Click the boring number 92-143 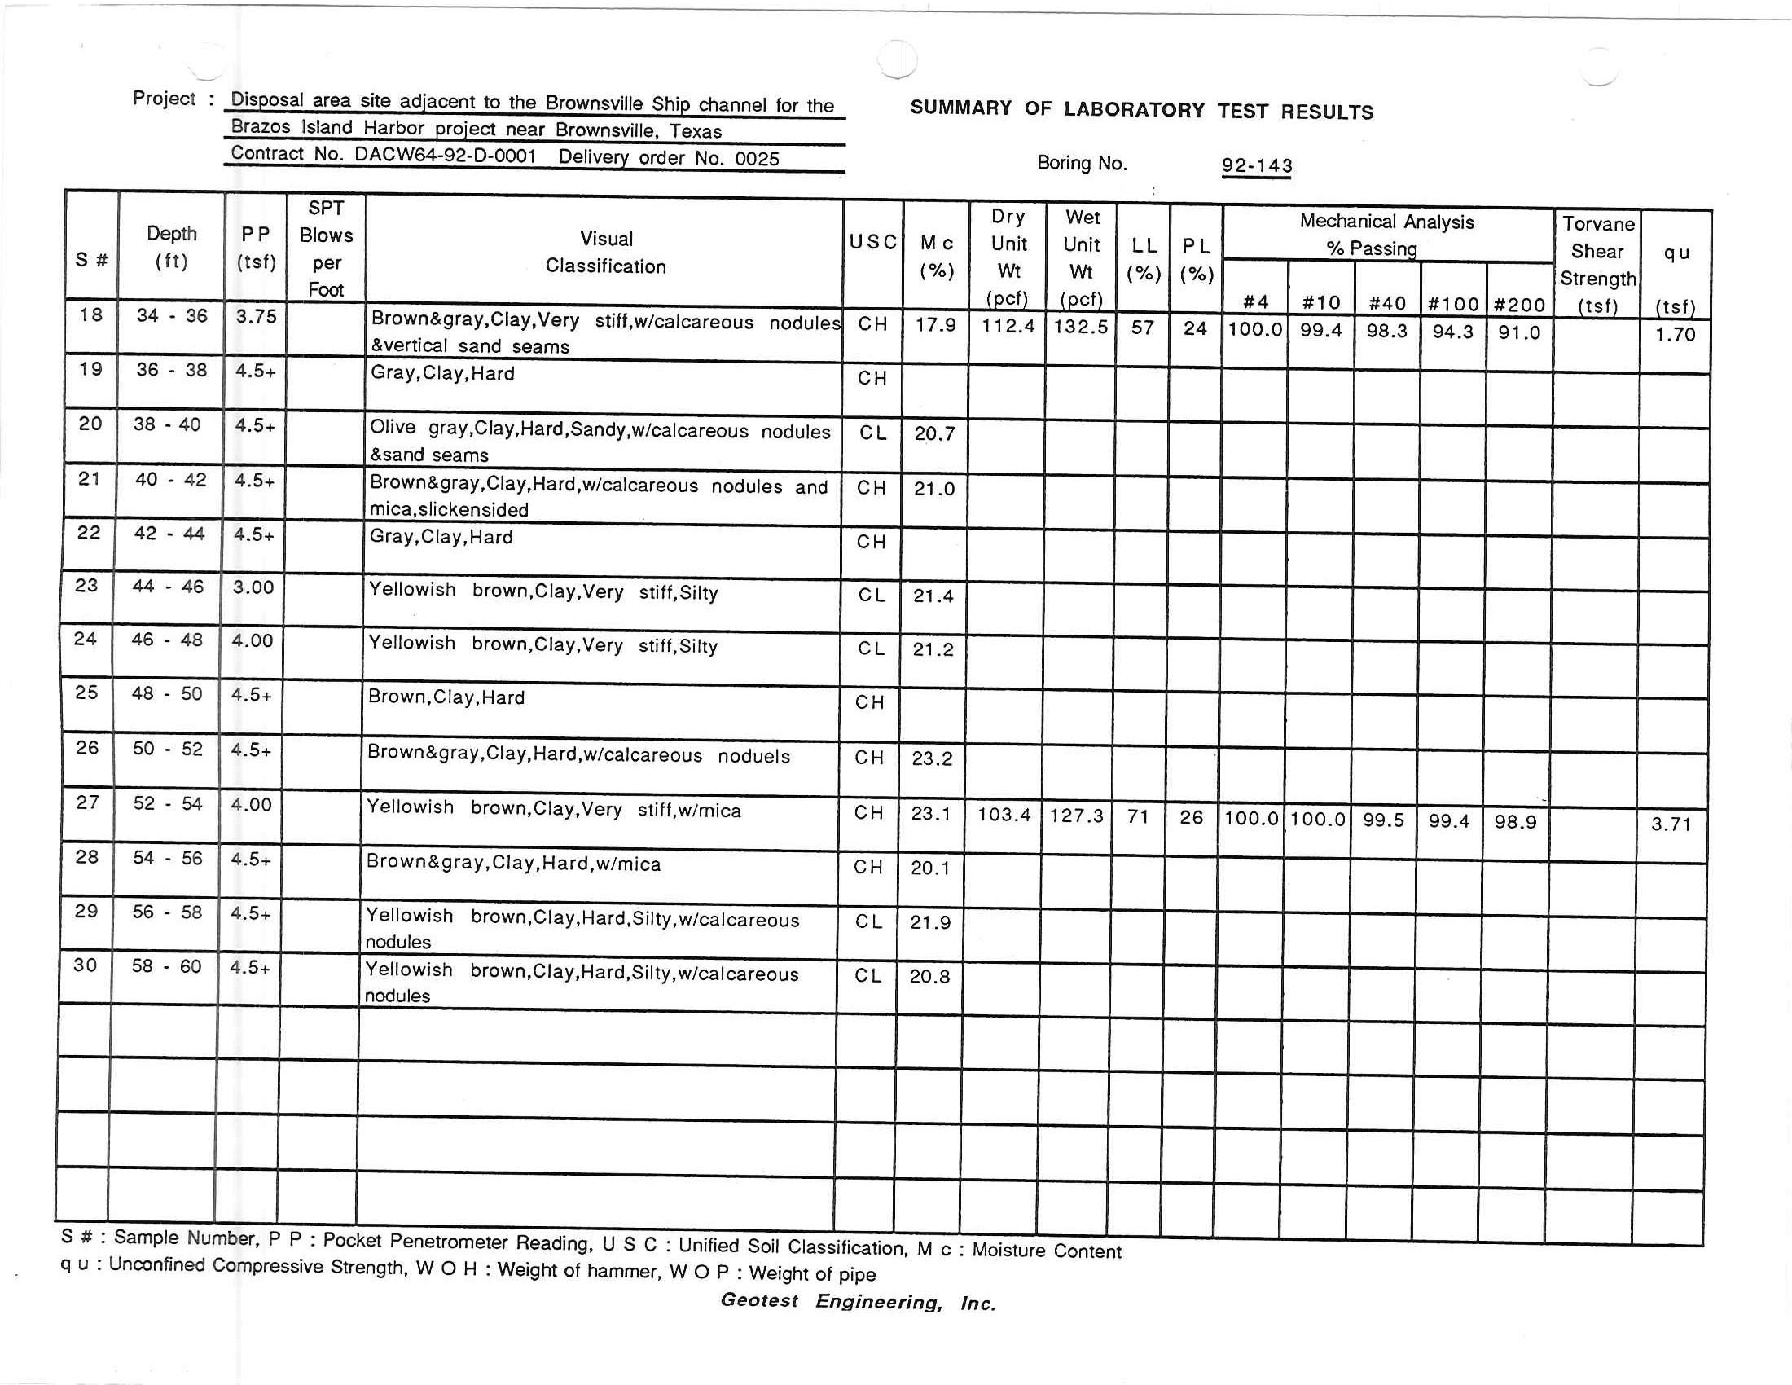click(x=1256, y=165)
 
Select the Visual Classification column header click(x=605, y=252)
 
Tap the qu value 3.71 click(x=1671, y=824)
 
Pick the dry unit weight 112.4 click(x=1008, y=326)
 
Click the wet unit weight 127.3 click(x=1077, y=816)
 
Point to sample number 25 click(x=86, y=692)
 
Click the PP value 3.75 click(x=256, y=316)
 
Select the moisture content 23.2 click(x=932, y=758)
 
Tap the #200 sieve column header click(x=1520, y=305)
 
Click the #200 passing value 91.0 click(x=1519, y=332)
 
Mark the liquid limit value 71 click(x=1138, y=816)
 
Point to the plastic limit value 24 click(x=1195, y=328)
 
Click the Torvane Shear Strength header click(x=1597, y=264)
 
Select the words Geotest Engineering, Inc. click(x=859, y=1301)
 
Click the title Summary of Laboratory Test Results click(x=1141, y=110)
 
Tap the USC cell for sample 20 click(x=872, y=433)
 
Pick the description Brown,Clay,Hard click(x=446, y=697)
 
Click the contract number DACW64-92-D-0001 click(x=446, y=156)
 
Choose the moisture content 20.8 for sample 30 click(x=929, y=976)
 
